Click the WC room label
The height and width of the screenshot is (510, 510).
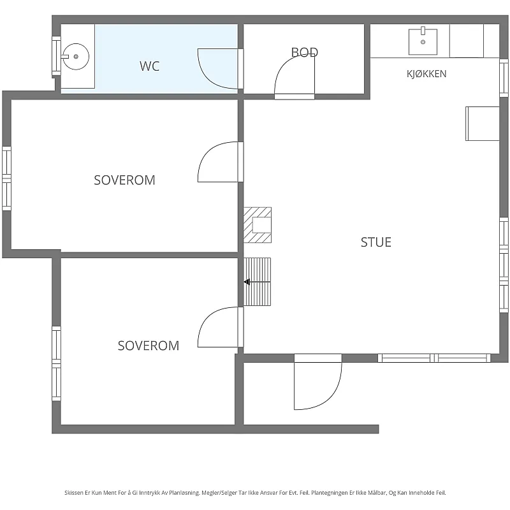150,66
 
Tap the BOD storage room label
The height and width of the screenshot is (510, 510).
305,52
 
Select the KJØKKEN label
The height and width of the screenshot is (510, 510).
426,74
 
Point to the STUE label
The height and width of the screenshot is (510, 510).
376,242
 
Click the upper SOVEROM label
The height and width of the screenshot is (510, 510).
124,180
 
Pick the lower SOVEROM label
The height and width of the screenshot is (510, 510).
149,346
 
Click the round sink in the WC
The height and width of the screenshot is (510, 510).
75,57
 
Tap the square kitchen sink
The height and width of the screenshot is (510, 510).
423,41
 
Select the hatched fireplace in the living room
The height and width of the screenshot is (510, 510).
258,225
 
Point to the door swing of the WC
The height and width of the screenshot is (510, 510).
218,69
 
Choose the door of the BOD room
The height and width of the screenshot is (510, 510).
295,75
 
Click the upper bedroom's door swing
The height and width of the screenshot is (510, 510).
218,162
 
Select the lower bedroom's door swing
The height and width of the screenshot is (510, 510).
218,327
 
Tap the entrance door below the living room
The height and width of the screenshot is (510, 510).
317,382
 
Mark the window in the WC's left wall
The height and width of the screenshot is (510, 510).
56,56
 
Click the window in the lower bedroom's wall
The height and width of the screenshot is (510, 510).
56,363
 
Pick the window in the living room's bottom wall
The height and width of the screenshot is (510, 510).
434,358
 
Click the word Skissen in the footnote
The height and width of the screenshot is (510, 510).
74,493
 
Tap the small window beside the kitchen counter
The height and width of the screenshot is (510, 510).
504,78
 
